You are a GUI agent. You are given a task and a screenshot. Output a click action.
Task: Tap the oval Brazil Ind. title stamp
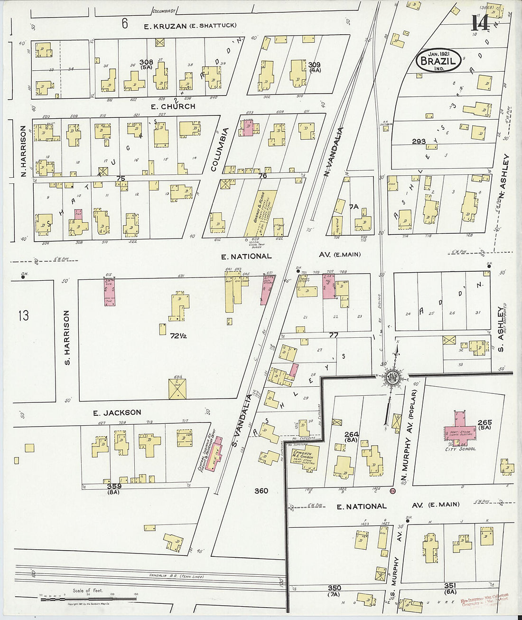click(x=438, y=61)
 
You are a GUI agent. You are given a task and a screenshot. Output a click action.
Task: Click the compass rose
click(x=393, y=378)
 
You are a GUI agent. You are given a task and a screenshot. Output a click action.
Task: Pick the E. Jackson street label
click(x=117, y=412)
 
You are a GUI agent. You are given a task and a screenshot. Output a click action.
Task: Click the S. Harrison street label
click(x=67, y=338)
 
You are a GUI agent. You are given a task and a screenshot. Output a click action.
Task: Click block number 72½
click(x=178, y=335)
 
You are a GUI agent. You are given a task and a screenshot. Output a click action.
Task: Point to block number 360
click(x=261, y=491)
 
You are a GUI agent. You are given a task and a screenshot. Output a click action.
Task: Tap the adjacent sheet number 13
click(x=23, y=315)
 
